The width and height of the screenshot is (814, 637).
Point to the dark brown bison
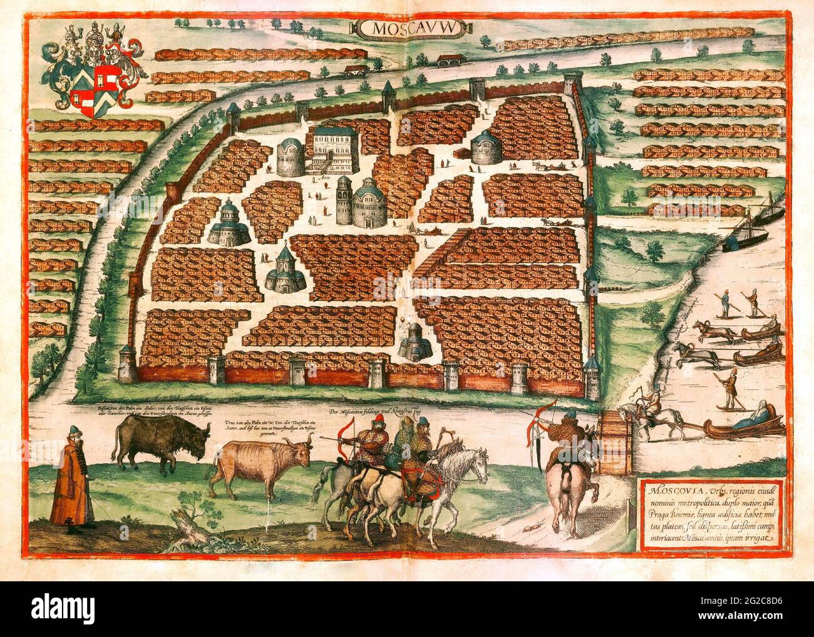pos(149,442)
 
